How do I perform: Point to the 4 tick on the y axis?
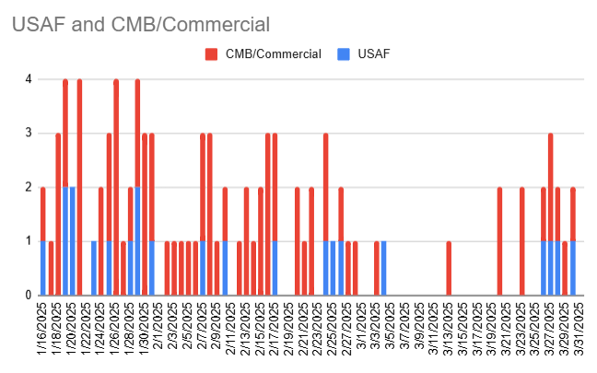point(29,79)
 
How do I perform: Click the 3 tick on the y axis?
point(29,134)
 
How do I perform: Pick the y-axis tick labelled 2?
point(29,187)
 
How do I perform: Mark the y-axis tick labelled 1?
point(29,241)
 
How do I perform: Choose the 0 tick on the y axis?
point(29,296)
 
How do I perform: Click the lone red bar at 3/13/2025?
point(449,268)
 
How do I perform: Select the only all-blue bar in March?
point(383,268)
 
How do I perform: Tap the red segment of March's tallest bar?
point(550,187)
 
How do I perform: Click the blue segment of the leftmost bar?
point(43,268)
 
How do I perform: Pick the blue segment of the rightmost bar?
point(572,268)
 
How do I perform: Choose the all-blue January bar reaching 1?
point(94,268)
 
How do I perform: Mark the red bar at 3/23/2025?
point(521,241)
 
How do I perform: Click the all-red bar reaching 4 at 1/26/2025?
point(116,187)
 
